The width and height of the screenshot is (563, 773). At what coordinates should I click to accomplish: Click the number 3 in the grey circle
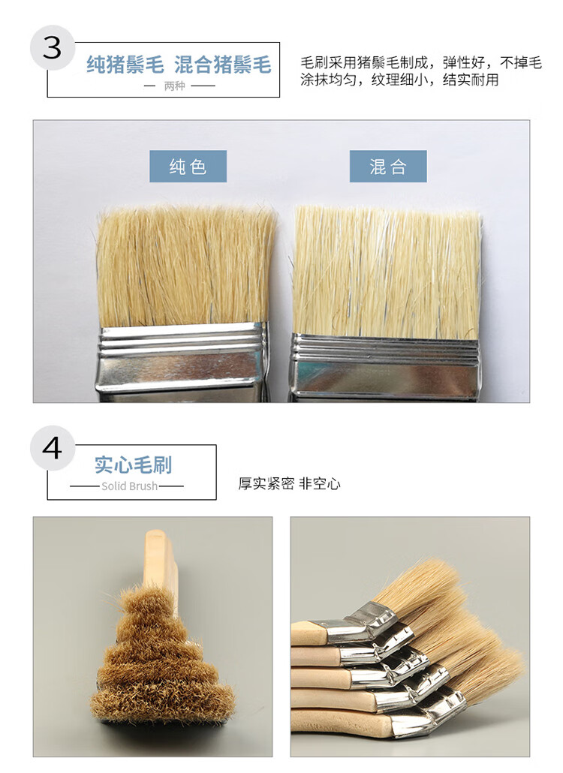53,48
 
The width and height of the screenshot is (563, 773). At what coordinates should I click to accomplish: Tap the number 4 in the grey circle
53,448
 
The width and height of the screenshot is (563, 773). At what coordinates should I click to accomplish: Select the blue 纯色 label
188,167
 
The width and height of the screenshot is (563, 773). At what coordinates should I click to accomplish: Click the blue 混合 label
388,167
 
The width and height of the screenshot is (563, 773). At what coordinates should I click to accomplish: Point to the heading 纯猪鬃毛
125,65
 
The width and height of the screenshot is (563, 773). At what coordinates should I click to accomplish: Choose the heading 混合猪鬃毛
223,65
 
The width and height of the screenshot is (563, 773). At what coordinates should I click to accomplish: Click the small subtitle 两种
174,86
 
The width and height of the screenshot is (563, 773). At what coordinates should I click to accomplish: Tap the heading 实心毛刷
133,465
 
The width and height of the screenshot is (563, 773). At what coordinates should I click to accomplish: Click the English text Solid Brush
130,486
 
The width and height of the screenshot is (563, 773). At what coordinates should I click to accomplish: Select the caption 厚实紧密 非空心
290,483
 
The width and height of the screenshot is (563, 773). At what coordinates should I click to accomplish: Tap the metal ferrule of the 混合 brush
384,367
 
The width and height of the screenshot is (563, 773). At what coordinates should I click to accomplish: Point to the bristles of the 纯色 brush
186,267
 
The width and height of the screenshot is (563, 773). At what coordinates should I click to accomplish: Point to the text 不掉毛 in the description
521,62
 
